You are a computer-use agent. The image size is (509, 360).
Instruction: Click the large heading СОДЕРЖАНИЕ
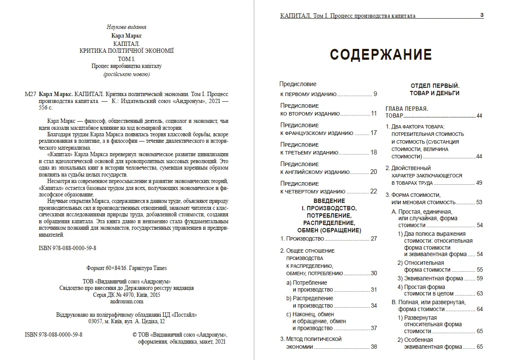click(381, 55)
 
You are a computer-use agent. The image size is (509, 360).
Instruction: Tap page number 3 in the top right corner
click(482, 15)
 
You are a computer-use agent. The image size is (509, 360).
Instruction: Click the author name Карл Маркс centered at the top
click(126, 35)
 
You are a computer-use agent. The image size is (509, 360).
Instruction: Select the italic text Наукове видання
click(126, 27)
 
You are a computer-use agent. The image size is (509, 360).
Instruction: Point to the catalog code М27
click(31, 94)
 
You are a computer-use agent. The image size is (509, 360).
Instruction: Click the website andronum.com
click(126, 302)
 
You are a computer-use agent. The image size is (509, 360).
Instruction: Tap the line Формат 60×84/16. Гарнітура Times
click(126, 268)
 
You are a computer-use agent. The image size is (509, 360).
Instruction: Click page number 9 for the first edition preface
click(375, 94)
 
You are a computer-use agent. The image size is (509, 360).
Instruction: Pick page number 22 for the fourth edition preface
click(374, 191)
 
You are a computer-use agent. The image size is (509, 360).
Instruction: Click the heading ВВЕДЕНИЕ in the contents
click(329, 201)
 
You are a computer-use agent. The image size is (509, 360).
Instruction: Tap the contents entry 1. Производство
click(302, 238)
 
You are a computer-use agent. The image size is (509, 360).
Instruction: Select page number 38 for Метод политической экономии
click(374, 347)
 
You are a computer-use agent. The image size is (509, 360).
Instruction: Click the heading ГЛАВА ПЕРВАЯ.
click(406, 108)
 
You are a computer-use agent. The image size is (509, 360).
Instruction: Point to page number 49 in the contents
click(479, 183)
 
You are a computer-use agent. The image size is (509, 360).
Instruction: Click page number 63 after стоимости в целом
click(479, 293)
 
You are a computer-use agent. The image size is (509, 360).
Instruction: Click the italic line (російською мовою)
click(126, 74)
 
